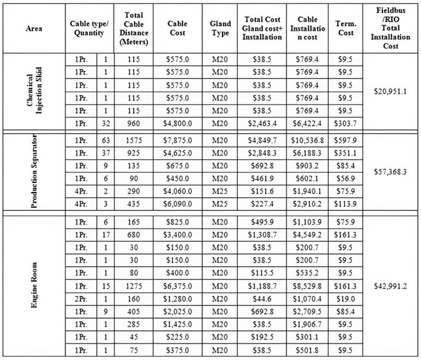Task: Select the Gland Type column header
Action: coord(221,28)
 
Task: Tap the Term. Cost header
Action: coord(345,28)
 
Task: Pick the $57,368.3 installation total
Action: coord(390,172)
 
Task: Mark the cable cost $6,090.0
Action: coord(178,204)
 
